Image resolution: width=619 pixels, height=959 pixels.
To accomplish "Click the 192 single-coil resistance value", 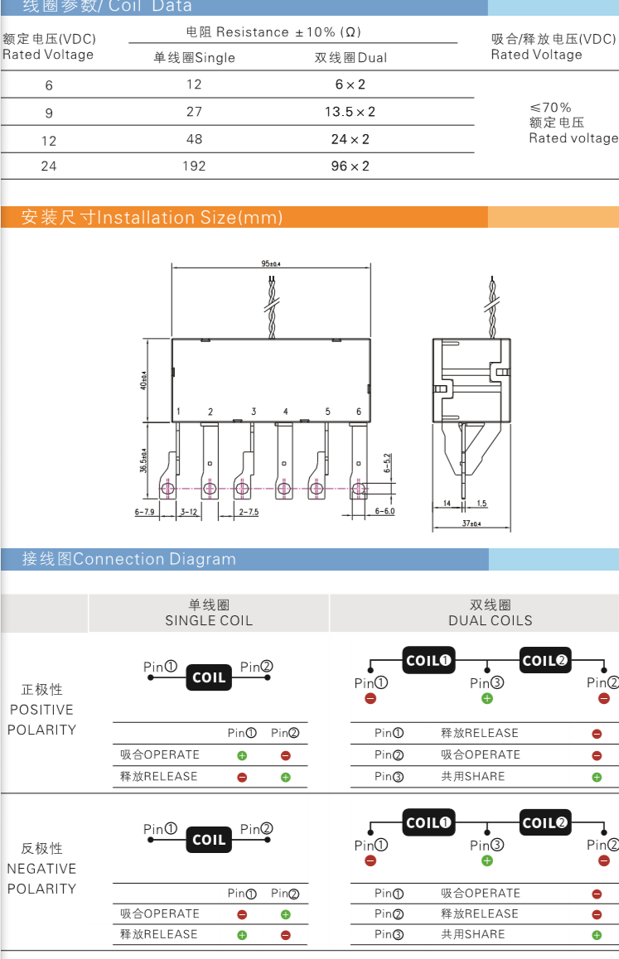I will click(194, 166).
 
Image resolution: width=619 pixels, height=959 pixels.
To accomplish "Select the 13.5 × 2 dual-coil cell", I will click(350, 112).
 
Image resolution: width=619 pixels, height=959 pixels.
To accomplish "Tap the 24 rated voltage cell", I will click(49, 166).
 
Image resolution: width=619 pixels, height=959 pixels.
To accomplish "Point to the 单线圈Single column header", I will click(194, 57).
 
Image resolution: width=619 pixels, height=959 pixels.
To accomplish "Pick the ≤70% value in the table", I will click(550, 107).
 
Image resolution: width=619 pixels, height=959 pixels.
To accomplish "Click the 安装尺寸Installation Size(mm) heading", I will click(152, 217).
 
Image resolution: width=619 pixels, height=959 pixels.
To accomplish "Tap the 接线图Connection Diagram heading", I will click(128, 559).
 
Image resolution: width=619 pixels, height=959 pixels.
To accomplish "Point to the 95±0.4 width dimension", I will click(271, 263).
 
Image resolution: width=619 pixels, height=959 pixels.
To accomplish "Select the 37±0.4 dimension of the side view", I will click(472, 523).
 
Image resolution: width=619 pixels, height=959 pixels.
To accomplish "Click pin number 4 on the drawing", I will click(285, 412).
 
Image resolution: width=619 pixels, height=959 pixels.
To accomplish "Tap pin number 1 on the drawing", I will click(178, 412).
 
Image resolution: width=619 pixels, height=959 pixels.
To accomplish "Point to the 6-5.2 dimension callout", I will click(387, 463).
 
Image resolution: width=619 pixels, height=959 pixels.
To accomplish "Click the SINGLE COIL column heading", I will click(209, 620).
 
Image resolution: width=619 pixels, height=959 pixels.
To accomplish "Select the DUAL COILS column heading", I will click(490, 620).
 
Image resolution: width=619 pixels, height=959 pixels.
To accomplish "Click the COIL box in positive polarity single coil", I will click(209, 677).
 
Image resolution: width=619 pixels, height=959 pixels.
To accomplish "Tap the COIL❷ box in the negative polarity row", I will click(545, 823).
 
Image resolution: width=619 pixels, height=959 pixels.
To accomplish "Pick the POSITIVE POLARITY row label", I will click(41, 710).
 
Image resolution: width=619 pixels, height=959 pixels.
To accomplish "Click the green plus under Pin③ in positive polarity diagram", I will click(486, 698).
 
